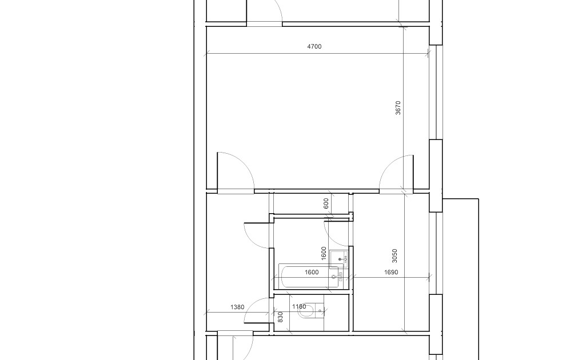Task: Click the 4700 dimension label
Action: coord(314,46)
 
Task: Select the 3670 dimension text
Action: coord(398,107)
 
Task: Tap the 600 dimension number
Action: coord(326,203)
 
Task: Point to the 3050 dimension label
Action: coord(394,255)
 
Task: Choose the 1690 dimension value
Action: coord(390,273)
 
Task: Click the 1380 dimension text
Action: coord(237,307)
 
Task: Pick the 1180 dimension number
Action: coord(299,307)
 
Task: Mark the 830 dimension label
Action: coord(280,317)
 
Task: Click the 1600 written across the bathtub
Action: coord(312,273)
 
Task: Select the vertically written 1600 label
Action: coord(324,253)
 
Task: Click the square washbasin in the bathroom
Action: coord(340,259)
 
